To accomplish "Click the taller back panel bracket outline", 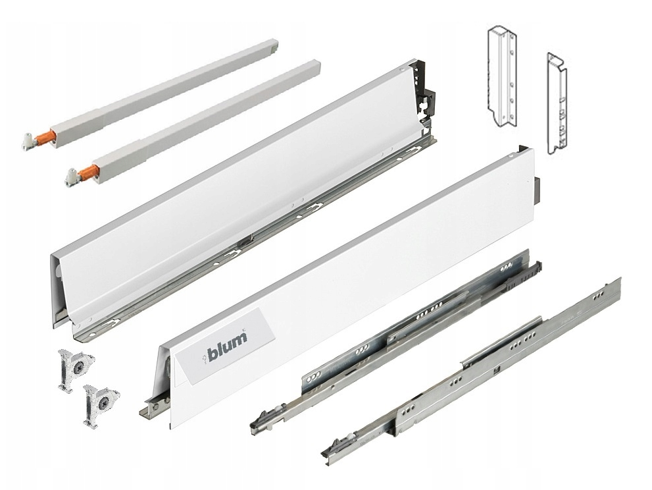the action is (x=502, y=76).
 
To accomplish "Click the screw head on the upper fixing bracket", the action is (x=78, y=367).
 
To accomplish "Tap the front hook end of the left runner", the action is (x=261, y=420).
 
